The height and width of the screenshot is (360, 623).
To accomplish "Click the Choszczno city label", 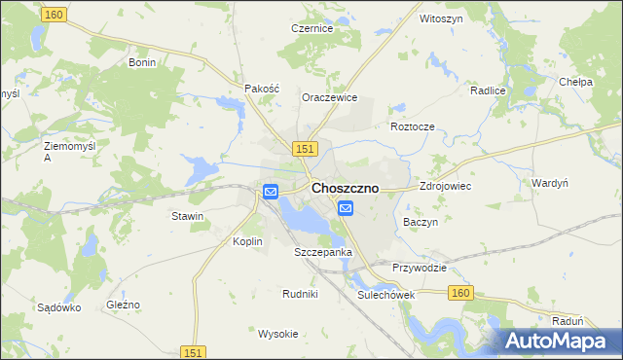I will (x=345, y=188).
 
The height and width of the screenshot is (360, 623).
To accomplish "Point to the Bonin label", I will (x=143, y=61).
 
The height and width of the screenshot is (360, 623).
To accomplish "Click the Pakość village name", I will (x=262, y=88).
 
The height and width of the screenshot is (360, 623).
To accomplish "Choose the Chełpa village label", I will (x=576, y=83).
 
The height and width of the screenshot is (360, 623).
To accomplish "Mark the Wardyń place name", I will (x=550, y=183).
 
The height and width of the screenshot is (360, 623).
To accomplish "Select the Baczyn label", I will (x=421, y=222).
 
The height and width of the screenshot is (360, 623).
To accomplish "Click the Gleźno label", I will (x=123, y=305).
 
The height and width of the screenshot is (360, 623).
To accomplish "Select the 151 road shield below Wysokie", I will (x=194, y=352).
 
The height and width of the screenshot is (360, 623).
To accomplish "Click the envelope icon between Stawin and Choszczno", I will (x=271, y=193).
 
